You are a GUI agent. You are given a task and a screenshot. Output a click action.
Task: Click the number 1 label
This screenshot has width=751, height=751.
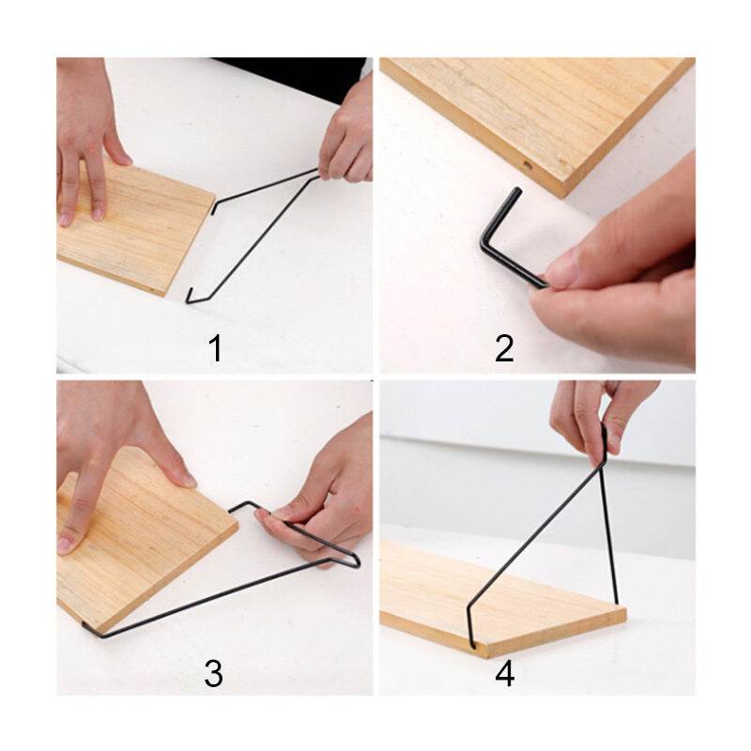(216, 348)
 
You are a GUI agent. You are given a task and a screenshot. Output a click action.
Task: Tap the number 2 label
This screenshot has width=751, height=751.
(505, 348)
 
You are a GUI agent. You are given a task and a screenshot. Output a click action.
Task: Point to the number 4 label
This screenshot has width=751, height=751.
(505, 672)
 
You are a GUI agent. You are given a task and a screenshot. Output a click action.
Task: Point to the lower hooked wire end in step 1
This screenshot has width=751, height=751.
(191, 298)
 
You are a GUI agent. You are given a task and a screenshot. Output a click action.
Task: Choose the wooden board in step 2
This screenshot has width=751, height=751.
(544, 113)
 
